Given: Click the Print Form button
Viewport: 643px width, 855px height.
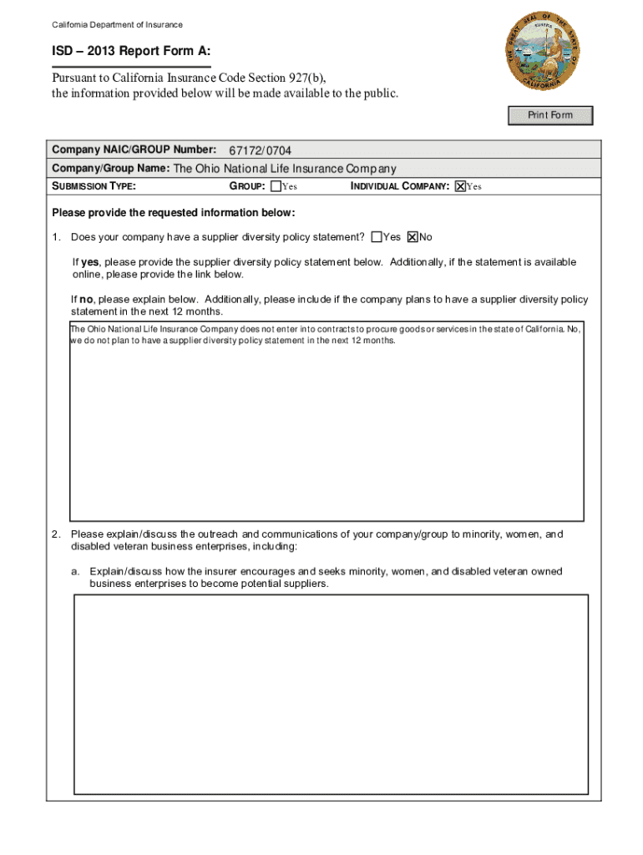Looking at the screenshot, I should pyautogui.click(x=550, y=115).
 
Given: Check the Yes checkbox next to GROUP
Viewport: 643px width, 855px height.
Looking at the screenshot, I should pyautogui.click(x=276, y=186).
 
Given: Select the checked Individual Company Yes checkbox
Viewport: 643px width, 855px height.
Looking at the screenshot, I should pyautogui.click(x=459, y=186).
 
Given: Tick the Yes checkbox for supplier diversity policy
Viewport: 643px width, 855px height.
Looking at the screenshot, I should pyautogui.click(x=377, y=237).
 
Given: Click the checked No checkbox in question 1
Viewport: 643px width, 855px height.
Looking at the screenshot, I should pyautogui.click(x=412, y=237).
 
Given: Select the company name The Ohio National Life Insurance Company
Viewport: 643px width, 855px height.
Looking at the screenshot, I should pyautogui.click(x=284, y=169).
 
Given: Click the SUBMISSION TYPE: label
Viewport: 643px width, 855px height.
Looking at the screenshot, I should pyautogui.click(x=94, y=186).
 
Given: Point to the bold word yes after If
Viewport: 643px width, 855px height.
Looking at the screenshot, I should pyautogui.click(x=90, y=262).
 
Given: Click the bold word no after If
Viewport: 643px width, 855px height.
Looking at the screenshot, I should pyautogui.click(x=88, y=299).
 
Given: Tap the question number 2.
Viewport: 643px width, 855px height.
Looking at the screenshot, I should pyautogui.click(x=54, y=534).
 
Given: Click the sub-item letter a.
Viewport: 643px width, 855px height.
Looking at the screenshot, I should pyautogui.click(x=74, y=572).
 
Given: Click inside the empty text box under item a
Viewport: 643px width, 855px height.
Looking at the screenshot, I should pyautogui.click(x=331, y=693).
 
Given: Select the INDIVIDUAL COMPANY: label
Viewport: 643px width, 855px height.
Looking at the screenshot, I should pyautogui.click(x=400, y=186).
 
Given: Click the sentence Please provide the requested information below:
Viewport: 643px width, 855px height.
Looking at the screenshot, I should pyautogui.click(x=174, y=212).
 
